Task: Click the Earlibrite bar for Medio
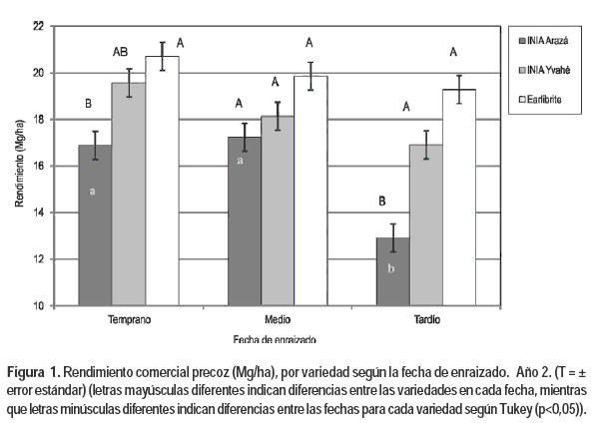pyautogui.click(x=310, y=191)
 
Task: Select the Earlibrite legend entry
pyautogui.click(x=545, y=102)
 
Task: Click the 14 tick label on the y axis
pyautogui.click(x=38, y=212)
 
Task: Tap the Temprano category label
pyautogui.click(x=129, y=321)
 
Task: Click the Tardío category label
pyautogui.click(x=426, y=321)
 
